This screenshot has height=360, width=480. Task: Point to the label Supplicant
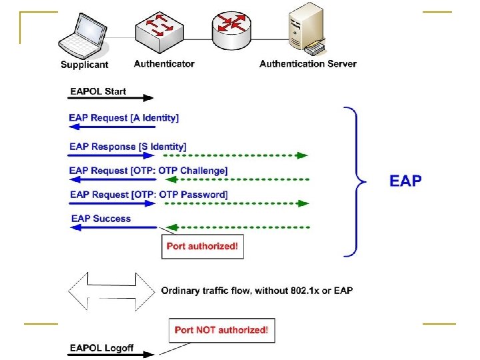[x=85, y=65]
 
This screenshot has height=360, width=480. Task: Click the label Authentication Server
[x=308, y=64]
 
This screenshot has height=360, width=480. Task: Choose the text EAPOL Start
[x=98, y=91]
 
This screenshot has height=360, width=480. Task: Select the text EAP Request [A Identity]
[x=124, y=118]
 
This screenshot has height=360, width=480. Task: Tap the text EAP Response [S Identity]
[x=128, y=146]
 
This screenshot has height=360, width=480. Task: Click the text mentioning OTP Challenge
[x=149, y=171]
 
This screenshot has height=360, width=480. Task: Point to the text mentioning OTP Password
[x=149, y=195]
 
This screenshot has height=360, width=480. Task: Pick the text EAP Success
[x=101, y=219]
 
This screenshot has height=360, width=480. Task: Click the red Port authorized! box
[x=202, y=246]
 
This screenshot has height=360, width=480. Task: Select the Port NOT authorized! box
[x=221, y=329]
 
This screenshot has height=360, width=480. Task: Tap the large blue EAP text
[x=405, y=180]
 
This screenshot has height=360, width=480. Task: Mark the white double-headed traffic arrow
[x=111, y=291]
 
